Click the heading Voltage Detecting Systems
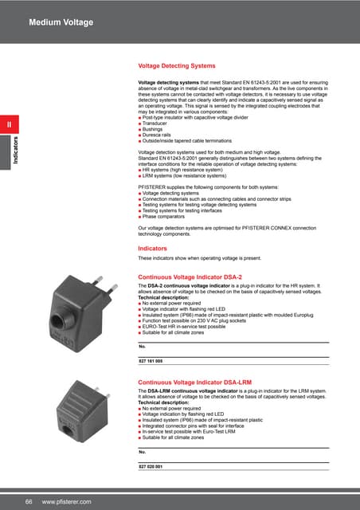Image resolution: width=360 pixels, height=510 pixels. [177, 66]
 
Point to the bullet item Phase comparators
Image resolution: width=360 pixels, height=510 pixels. [166, 215]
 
